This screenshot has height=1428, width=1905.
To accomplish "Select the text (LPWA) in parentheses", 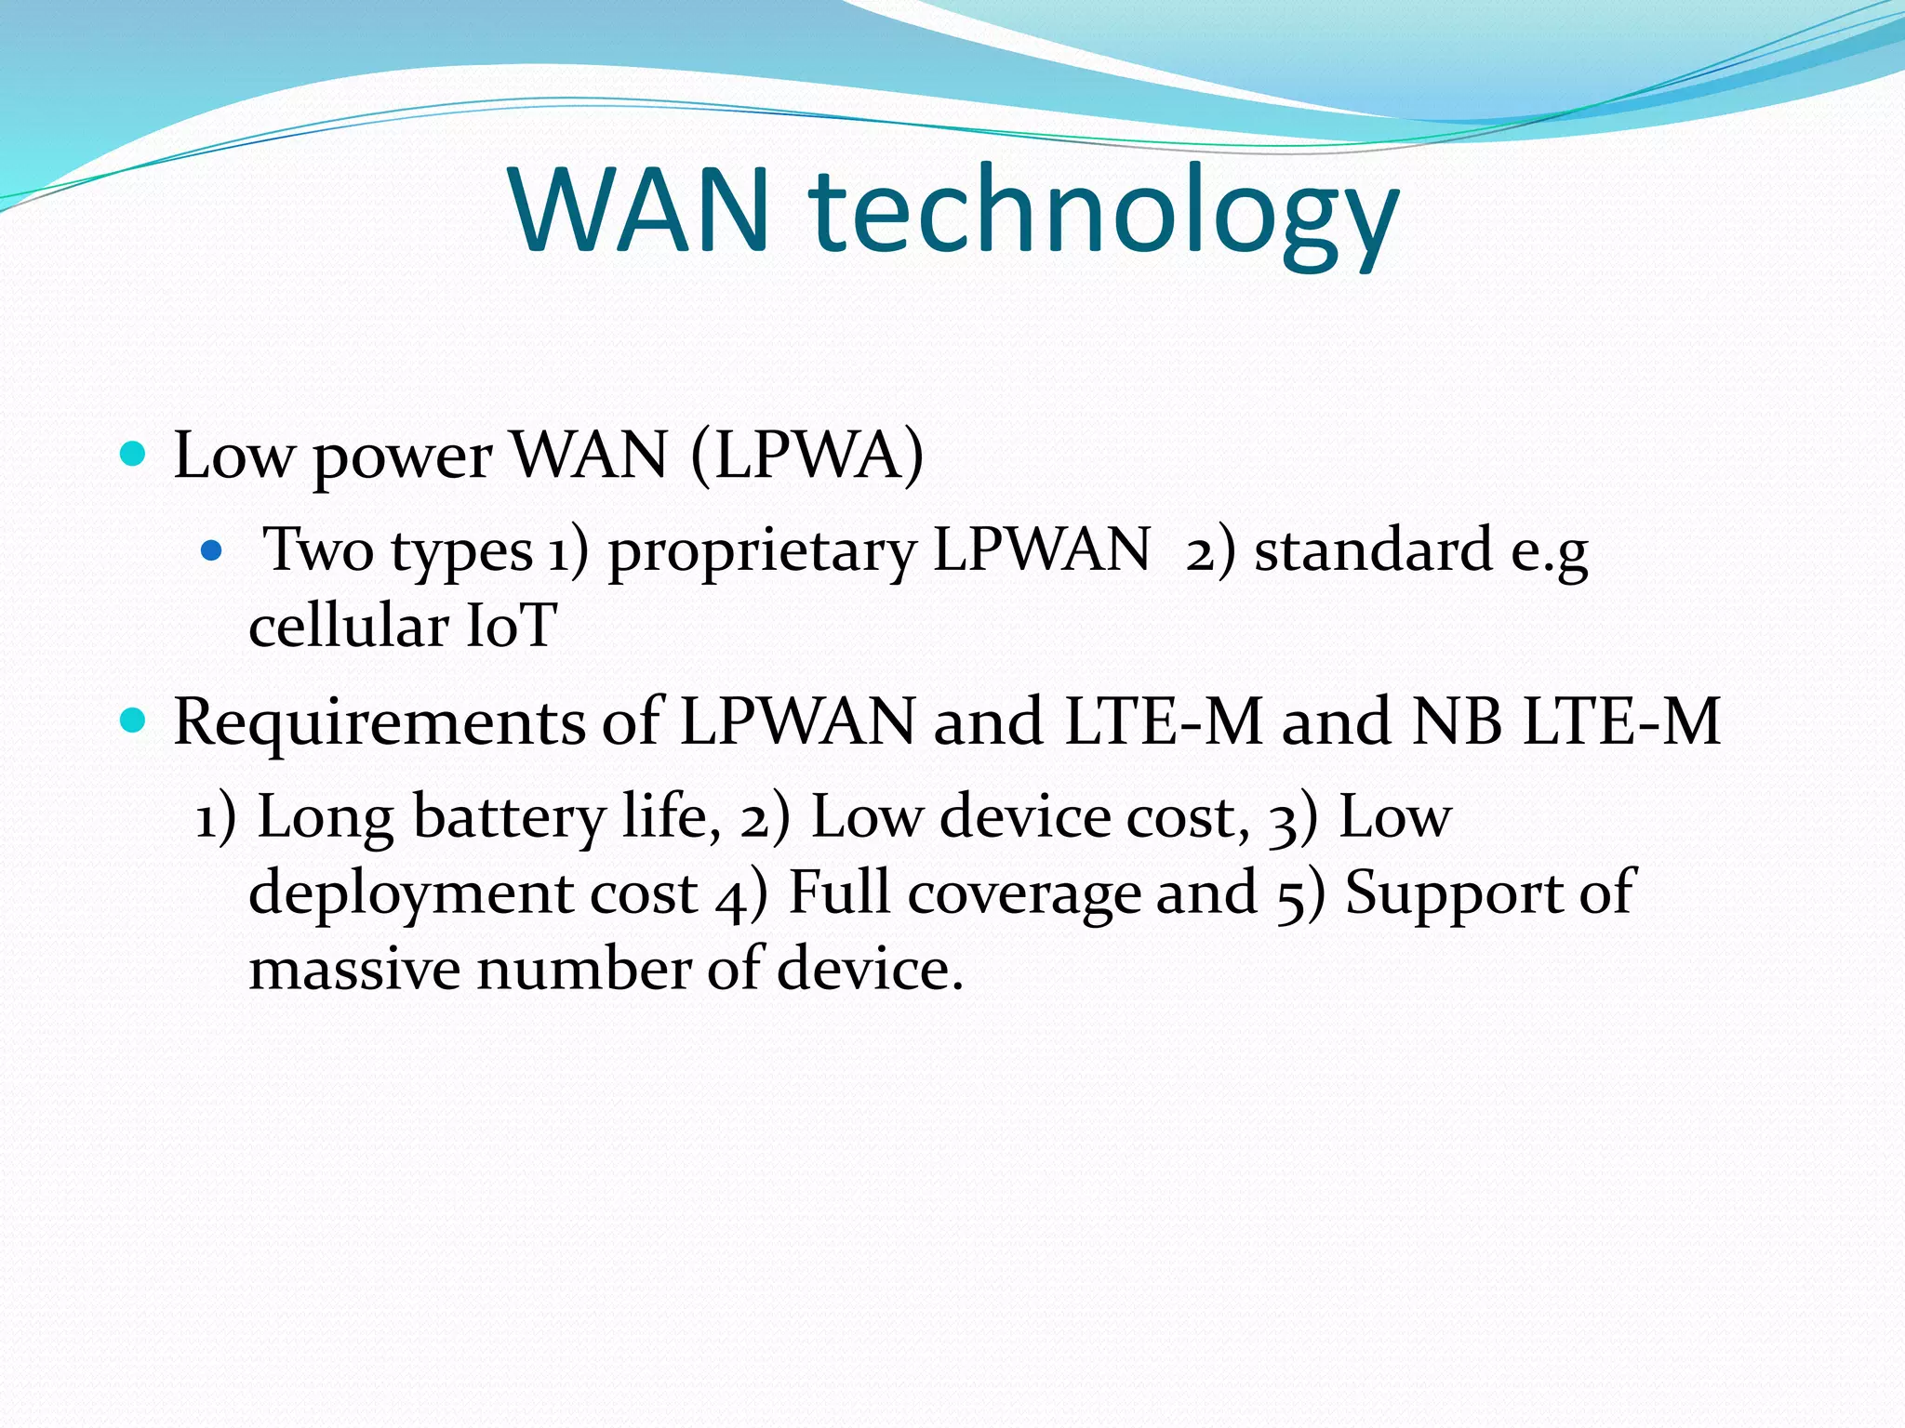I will pos(807,456).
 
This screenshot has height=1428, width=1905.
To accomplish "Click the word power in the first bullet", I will pos(402,457).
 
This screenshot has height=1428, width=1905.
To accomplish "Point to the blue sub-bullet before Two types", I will pos(212,551).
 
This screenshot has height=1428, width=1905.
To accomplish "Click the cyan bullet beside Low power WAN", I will pos(134,454).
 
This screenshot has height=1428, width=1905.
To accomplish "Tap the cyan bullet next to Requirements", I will pos(134,721).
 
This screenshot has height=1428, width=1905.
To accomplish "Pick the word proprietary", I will pos(762,552).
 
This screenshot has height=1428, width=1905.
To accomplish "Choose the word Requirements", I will pos(380,722).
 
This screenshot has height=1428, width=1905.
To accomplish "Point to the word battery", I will pos(509,818).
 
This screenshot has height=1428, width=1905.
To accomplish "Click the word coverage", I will pos(1022,893).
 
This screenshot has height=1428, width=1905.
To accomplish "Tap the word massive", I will pos(353,969).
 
